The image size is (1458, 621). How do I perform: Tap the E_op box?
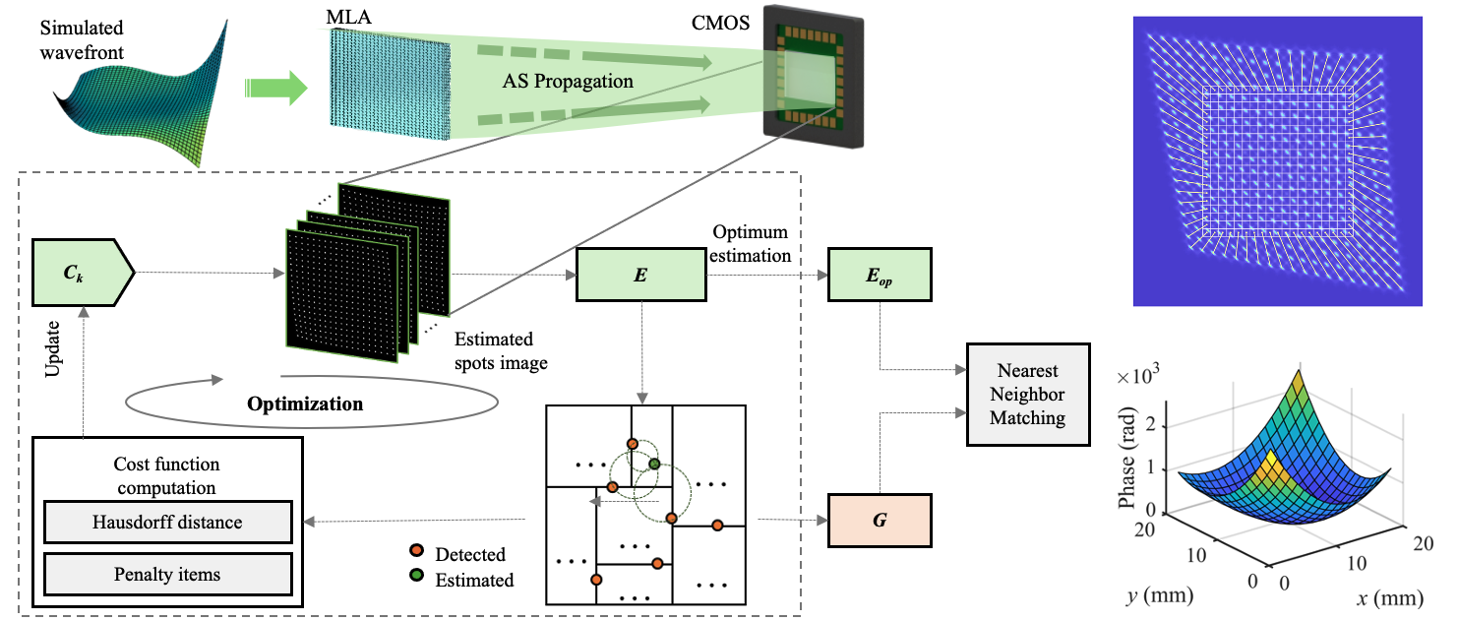(880, 275)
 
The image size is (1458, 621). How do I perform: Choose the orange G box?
(880, 520)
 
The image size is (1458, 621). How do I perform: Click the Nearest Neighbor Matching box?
(1029, 394)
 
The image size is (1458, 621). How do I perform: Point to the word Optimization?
(305, 404)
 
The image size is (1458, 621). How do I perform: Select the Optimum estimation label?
(754, 245)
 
